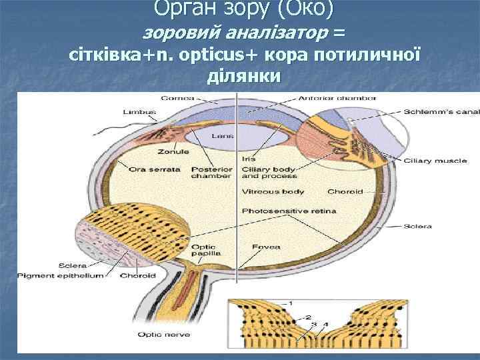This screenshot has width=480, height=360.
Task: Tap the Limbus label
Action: [135, 111]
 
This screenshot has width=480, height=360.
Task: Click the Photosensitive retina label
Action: [289, 211]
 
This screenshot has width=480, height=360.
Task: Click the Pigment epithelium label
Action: [61, 275]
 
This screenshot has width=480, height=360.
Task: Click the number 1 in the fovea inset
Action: [289, 303]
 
